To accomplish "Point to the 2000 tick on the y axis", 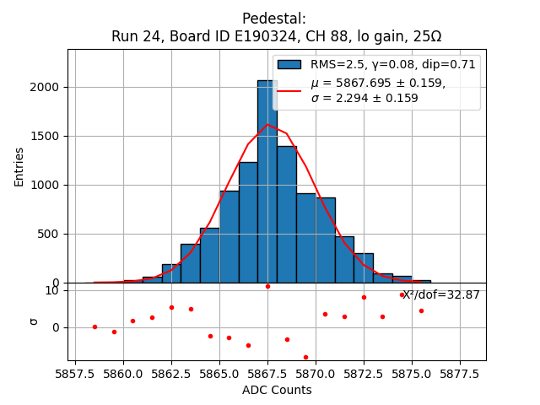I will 46,87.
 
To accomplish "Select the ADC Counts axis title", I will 277,390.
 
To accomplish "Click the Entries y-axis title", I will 19,166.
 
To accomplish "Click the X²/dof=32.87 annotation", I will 440,294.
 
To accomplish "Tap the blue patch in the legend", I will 289,64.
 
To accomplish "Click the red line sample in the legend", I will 289,89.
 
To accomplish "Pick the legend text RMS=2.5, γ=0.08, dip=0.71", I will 393,64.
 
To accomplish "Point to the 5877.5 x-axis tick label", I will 460,372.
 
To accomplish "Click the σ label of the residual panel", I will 34,321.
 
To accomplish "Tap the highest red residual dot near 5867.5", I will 267,286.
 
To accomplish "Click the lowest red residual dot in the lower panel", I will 305,357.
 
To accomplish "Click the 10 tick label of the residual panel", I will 52,290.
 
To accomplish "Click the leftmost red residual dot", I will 94,327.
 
